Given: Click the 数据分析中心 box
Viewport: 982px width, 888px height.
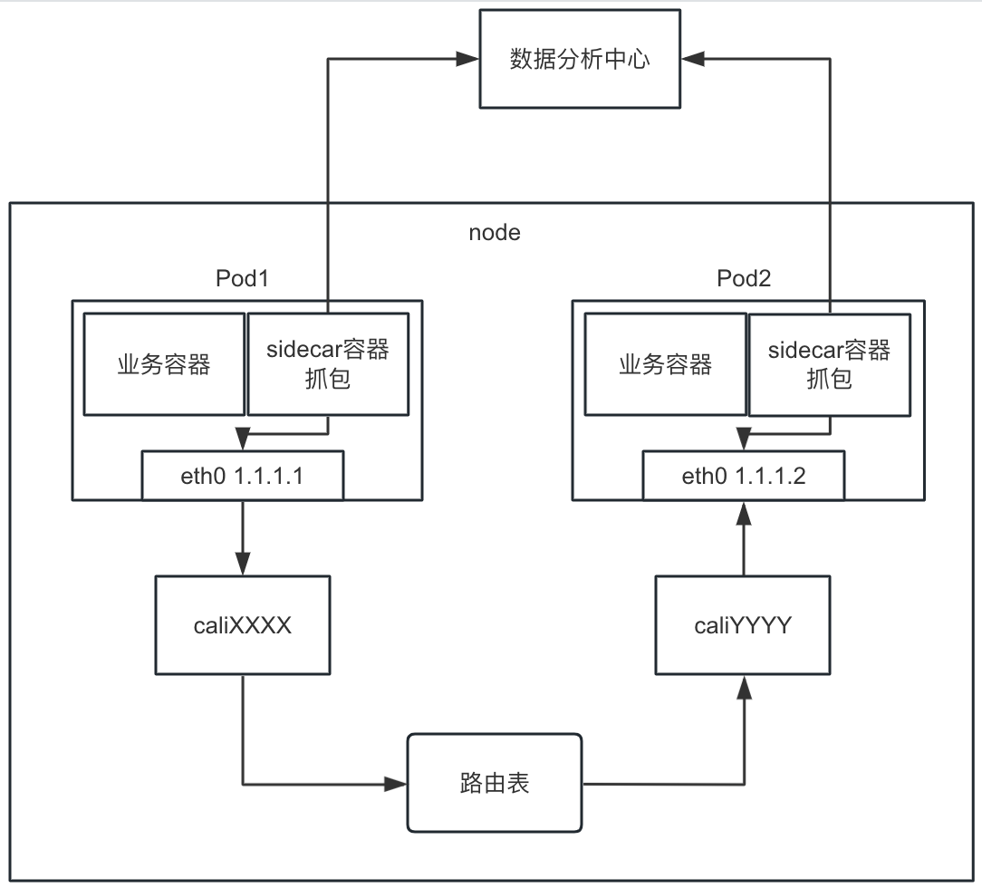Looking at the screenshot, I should point(580,61).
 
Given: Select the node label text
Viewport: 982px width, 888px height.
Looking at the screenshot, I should point(495,232).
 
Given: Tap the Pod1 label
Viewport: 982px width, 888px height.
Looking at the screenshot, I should point(243,278).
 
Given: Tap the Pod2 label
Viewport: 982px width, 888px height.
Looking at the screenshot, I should point(744,278).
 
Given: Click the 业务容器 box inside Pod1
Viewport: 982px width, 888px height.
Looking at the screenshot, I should point(164,364).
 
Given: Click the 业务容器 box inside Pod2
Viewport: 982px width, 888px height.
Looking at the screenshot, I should point(666,364).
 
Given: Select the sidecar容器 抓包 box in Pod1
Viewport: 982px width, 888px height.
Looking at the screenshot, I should point(327,364).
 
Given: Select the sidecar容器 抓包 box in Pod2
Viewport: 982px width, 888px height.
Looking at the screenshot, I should point(829,364).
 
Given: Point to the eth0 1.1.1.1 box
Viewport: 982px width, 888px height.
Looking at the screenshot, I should point(243,477).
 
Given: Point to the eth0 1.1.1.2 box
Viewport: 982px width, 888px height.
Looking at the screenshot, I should point(744,477).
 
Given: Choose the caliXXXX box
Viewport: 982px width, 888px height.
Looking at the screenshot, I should point(243,624).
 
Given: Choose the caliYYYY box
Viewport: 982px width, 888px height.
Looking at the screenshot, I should point(744,624).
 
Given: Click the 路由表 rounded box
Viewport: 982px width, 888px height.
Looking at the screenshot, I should point(495,783).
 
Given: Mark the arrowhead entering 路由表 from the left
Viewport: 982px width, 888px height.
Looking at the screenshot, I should point(396,783).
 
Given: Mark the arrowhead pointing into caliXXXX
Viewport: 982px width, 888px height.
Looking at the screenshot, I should point(243,563).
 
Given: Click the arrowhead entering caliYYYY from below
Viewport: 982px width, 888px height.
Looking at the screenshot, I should point(744,688).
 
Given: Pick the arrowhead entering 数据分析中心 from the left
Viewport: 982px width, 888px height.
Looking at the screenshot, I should point(468,61).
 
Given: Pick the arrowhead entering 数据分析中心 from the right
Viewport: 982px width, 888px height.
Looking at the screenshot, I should point(692,61).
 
